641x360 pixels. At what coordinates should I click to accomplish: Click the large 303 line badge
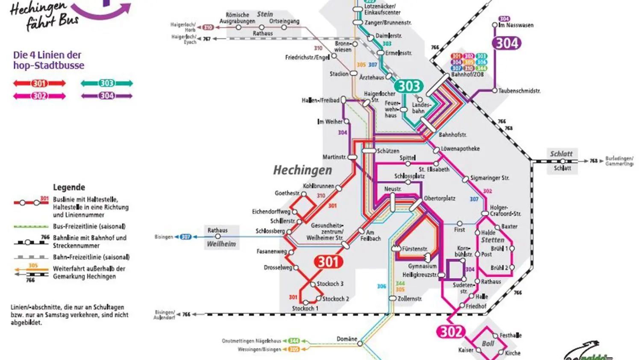tap(409, 86)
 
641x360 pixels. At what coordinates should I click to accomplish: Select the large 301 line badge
tap(328, 261)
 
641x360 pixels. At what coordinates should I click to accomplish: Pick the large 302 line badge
tap(450, 331)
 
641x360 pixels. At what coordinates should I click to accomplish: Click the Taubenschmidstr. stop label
tap(519, 91)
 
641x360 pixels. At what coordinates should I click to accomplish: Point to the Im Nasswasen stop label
tap(516, 25)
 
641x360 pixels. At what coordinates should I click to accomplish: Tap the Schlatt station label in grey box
tap(561, 154)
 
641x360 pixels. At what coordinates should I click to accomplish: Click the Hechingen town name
tap(303, 170)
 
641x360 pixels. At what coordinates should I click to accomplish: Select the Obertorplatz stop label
tap(439, 199)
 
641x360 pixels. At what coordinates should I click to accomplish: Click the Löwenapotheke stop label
tap(460, 149)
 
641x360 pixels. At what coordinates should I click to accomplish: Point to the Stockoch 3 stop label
tap(330, 284)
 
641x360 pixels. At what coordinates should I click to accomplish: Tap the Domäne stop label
tap(347, 339)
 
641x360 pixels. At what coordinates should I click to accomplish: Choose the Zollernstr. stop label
tap(410, 299)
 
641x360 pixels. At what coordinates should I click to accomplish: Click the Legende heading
tap(69, 187)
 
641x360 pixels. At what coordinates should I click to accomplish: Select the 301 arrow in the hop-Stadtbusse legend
tap(39, 83)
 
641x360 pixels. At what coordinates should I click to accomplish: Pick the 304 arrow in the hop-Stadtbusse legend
tap(107, 96)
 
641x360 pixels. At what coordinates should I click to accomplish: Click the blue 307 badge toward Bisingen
tap(185, 237)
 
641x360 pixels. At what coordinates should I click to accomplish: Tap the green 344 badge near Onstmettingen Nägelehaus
tap(294, 341)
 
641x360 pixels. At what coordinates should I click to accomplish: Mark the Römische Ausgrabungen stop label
tap(237, 18)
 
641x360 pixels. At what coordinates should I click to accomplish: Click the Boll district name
tap(488, 344)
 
